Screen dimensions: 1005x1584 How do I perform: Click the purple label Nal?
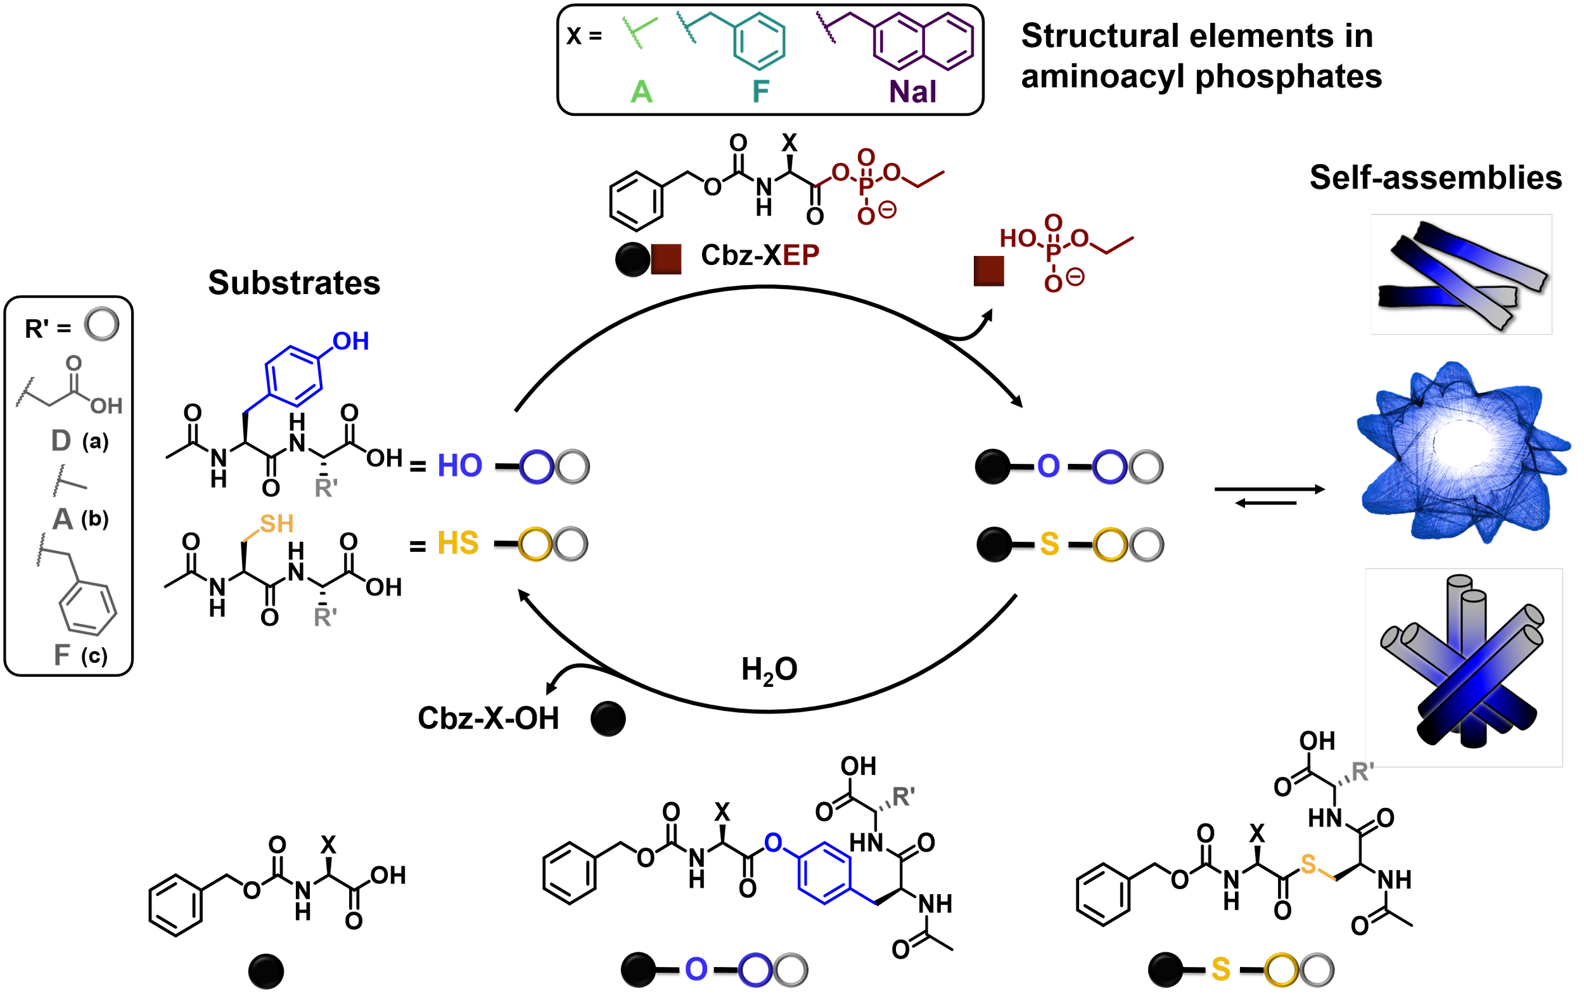912,91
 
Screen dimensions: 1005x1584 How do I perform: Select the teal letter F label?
760,91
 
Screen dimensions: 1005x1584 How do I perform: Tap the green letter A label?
641,91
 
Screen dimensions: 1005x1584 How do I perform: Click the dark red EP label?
800,255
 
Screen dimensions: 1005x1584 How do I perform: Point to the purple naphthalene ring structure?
924,41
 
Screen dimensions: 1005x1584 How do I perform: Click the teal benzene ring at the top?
760,41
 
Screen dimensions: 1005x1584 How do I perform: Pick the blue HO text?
460,466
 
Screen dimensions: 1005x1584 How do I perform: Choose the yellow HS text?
458,543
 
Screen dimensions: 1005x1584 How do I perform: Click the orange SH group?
276,524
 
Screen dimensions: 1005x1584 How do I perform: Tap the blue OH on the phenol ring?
350,342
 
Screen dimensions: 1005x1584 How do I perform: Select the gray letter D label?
61,440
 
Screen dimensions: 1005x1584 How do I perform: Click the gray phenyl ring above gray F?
88,608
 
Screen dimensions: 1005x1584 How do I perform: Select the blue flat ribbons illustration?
1461,274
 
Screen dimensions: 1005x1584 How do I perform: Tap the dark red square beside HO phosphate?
988,271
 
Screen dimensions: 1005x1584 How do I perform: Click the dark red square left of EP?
666,259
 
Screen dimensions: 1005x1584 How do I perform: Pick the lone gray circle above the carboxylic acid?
101,324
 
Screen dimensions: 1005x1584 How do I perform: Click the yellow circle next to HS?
535,544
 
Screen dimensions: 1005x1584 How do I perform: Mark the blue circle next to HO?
536,467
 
